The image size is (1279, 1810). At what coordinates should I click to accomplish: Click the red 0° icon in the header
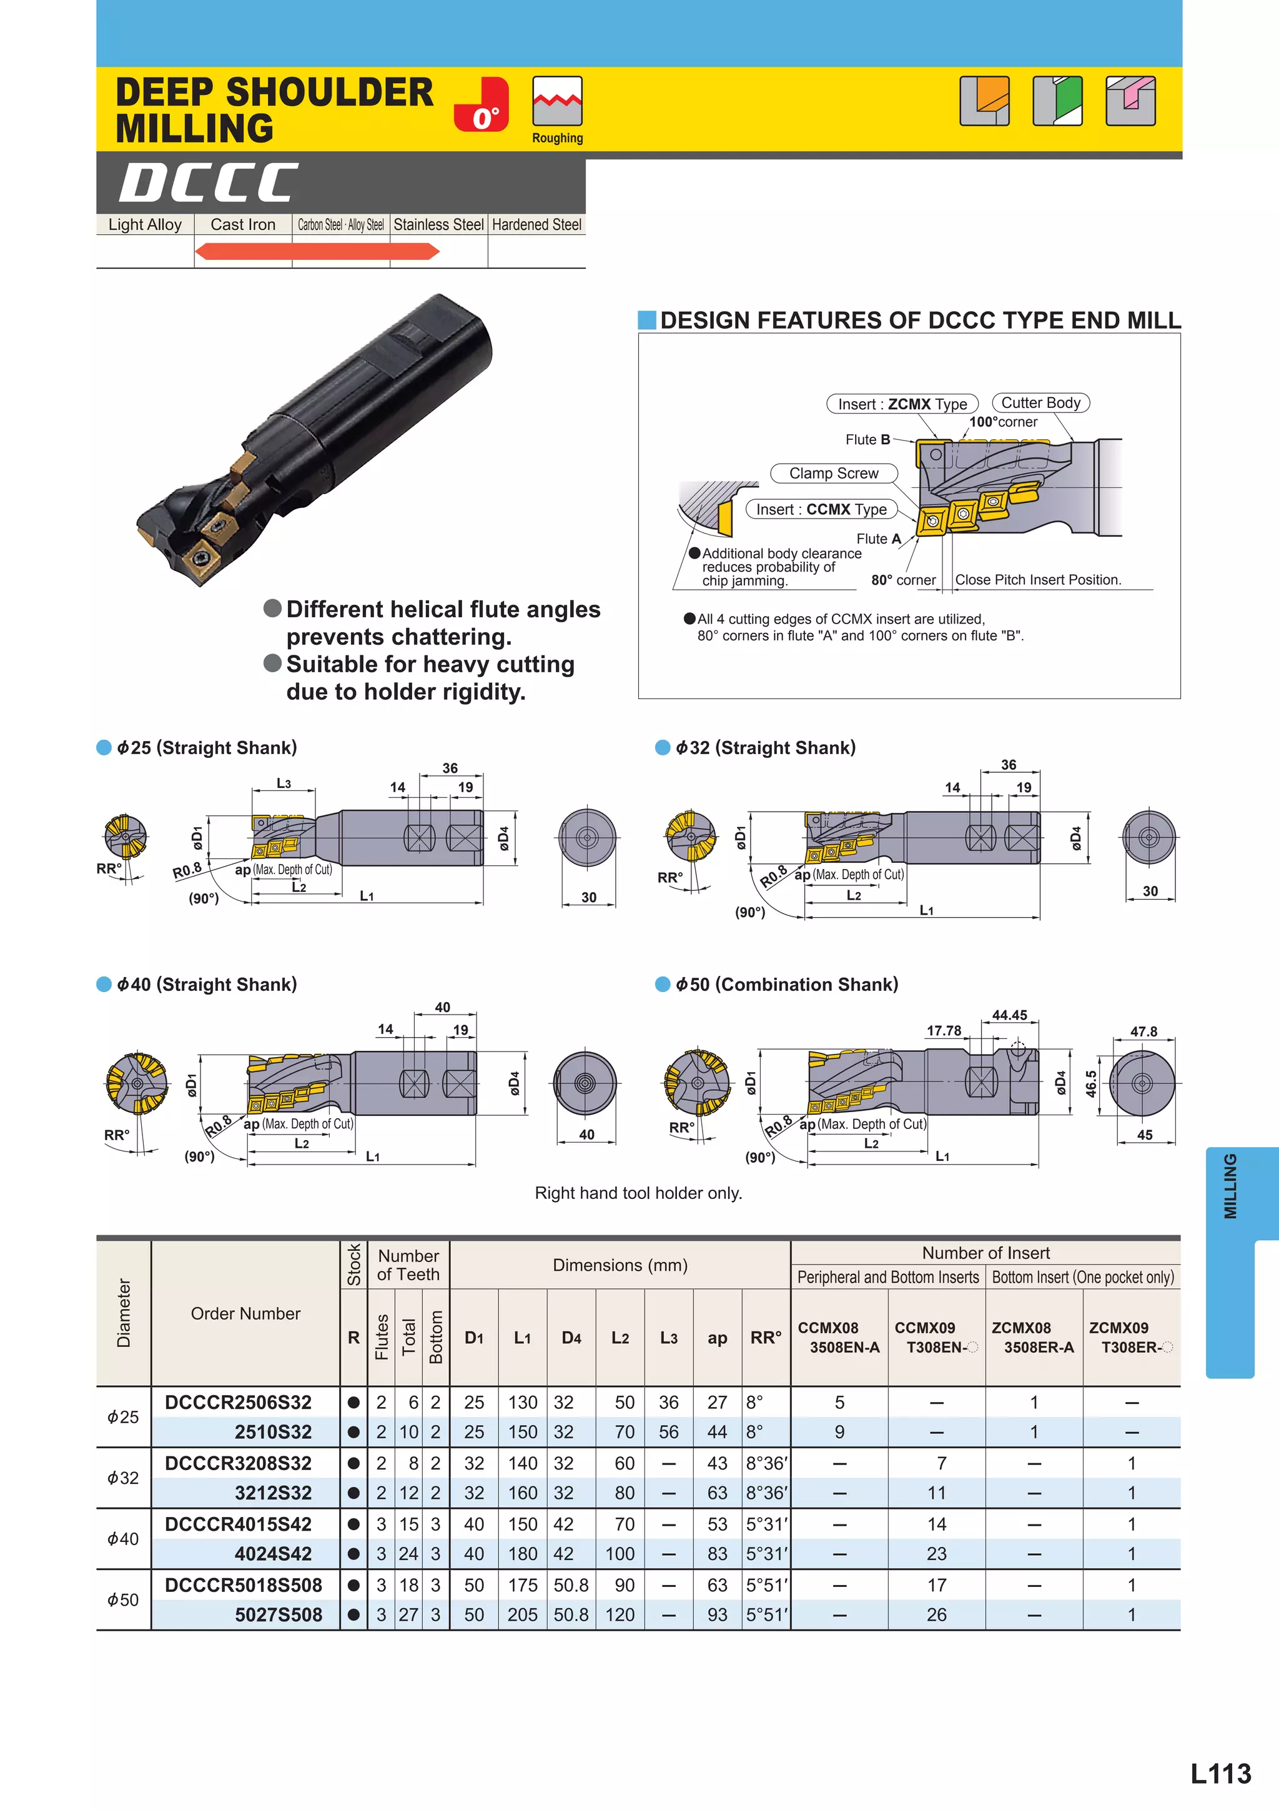[x=481, y=105]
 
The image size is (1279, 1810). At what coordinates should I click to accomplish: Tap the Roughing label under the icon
[x=557, y=138]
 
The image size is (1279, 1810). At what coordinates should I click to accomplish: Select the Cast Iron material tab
[x=243, y=225]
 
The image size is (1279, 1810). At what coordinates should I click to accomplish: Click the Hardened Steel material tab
[x=536, y=225]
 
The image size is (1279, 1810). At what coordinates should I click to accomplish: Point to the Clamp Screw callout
[x=834, y=473]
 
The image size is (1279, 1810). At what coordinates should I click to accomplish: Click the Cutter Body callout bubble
[x=1040, y=403]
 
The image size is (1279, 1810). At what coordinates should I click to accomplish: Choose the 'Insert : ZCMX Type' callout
[x=902, y=404]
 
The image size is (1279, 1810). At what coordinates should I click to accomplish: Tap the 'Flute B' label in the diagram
[x=867, y=440]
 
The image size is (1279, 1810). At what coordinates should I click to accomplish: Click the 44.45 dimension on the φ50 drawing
[x=1009, y=1015]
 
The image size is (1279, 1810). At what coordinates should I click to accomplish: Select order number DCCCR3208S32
[x=238, y=1463]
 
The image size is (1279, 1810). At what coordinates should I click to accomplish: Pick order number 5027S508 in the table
[x=278, y=1614]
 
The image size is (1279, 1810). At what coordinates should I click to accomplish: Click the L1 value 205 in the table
[x=523, y=1614]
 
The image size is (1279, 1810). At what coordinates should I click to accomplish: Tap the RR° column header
[x=765, y=1338]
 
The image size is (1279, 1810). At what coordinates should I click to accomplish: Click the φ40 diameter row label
[x=123, y=1539]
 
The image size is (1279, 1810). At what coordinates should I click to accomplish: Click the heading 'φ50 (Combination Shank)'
[x=786, y=985]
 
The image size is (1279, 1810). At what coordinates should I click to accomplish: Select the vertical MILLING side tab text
[x=1230, y=1186]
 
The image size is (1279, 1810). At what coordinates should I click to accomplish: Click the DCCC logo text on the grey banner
[x=209, y=183]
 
